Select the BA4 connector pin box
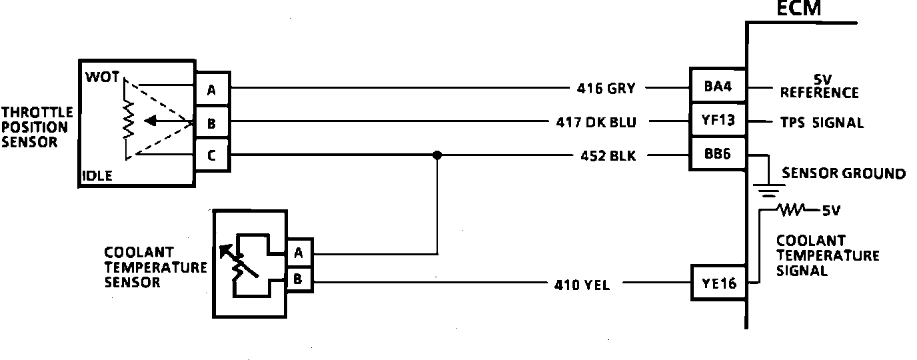(717, 87)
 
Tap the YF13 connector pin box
(717, 122)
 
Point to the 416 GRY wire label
(606, 87)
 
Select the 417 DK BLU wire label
(595, 123)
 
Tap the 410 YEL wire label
(581, 285)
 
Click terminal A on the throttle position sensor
(211, 89)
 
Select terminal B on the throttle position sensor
(211, 123)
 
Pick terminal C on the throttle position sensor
(211, 156)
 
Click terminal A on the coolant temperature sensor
(298, 253)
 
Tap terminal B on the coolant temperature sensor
(298, 280)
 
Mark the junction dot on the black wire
(437, 155)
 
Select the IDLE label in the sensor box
(97, 176)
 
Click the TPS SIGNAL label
(822, 123)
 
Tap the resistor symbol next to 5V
(793, 210)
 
